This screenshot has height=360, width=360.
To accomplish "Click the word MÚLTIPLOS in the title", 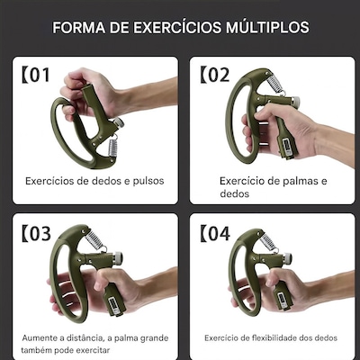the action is click(267, 26).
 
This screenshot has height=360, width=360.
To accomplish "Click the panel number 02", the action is click(219, 75).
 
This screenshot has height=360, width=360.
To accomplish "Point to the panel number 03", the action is click(40, 234).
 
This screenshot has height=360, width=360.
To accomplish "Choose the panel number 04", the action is click(219, 234).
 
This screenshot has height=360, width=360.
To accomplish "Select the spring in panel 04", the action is click(269, 242).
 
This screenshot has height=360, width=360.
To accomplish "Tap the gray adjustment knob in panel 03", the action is click(118, 257).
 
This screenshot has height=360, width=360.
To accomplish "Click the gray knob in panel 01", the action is click(119, 122).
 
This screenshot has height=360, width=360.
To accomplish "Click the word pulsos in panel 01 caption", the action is click(148, 181).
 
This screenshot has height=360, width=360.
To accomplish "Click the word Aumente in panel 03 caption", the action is click(40, 338).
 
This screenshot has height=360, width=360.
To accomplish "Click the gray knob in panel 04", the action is click(287, 257).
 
